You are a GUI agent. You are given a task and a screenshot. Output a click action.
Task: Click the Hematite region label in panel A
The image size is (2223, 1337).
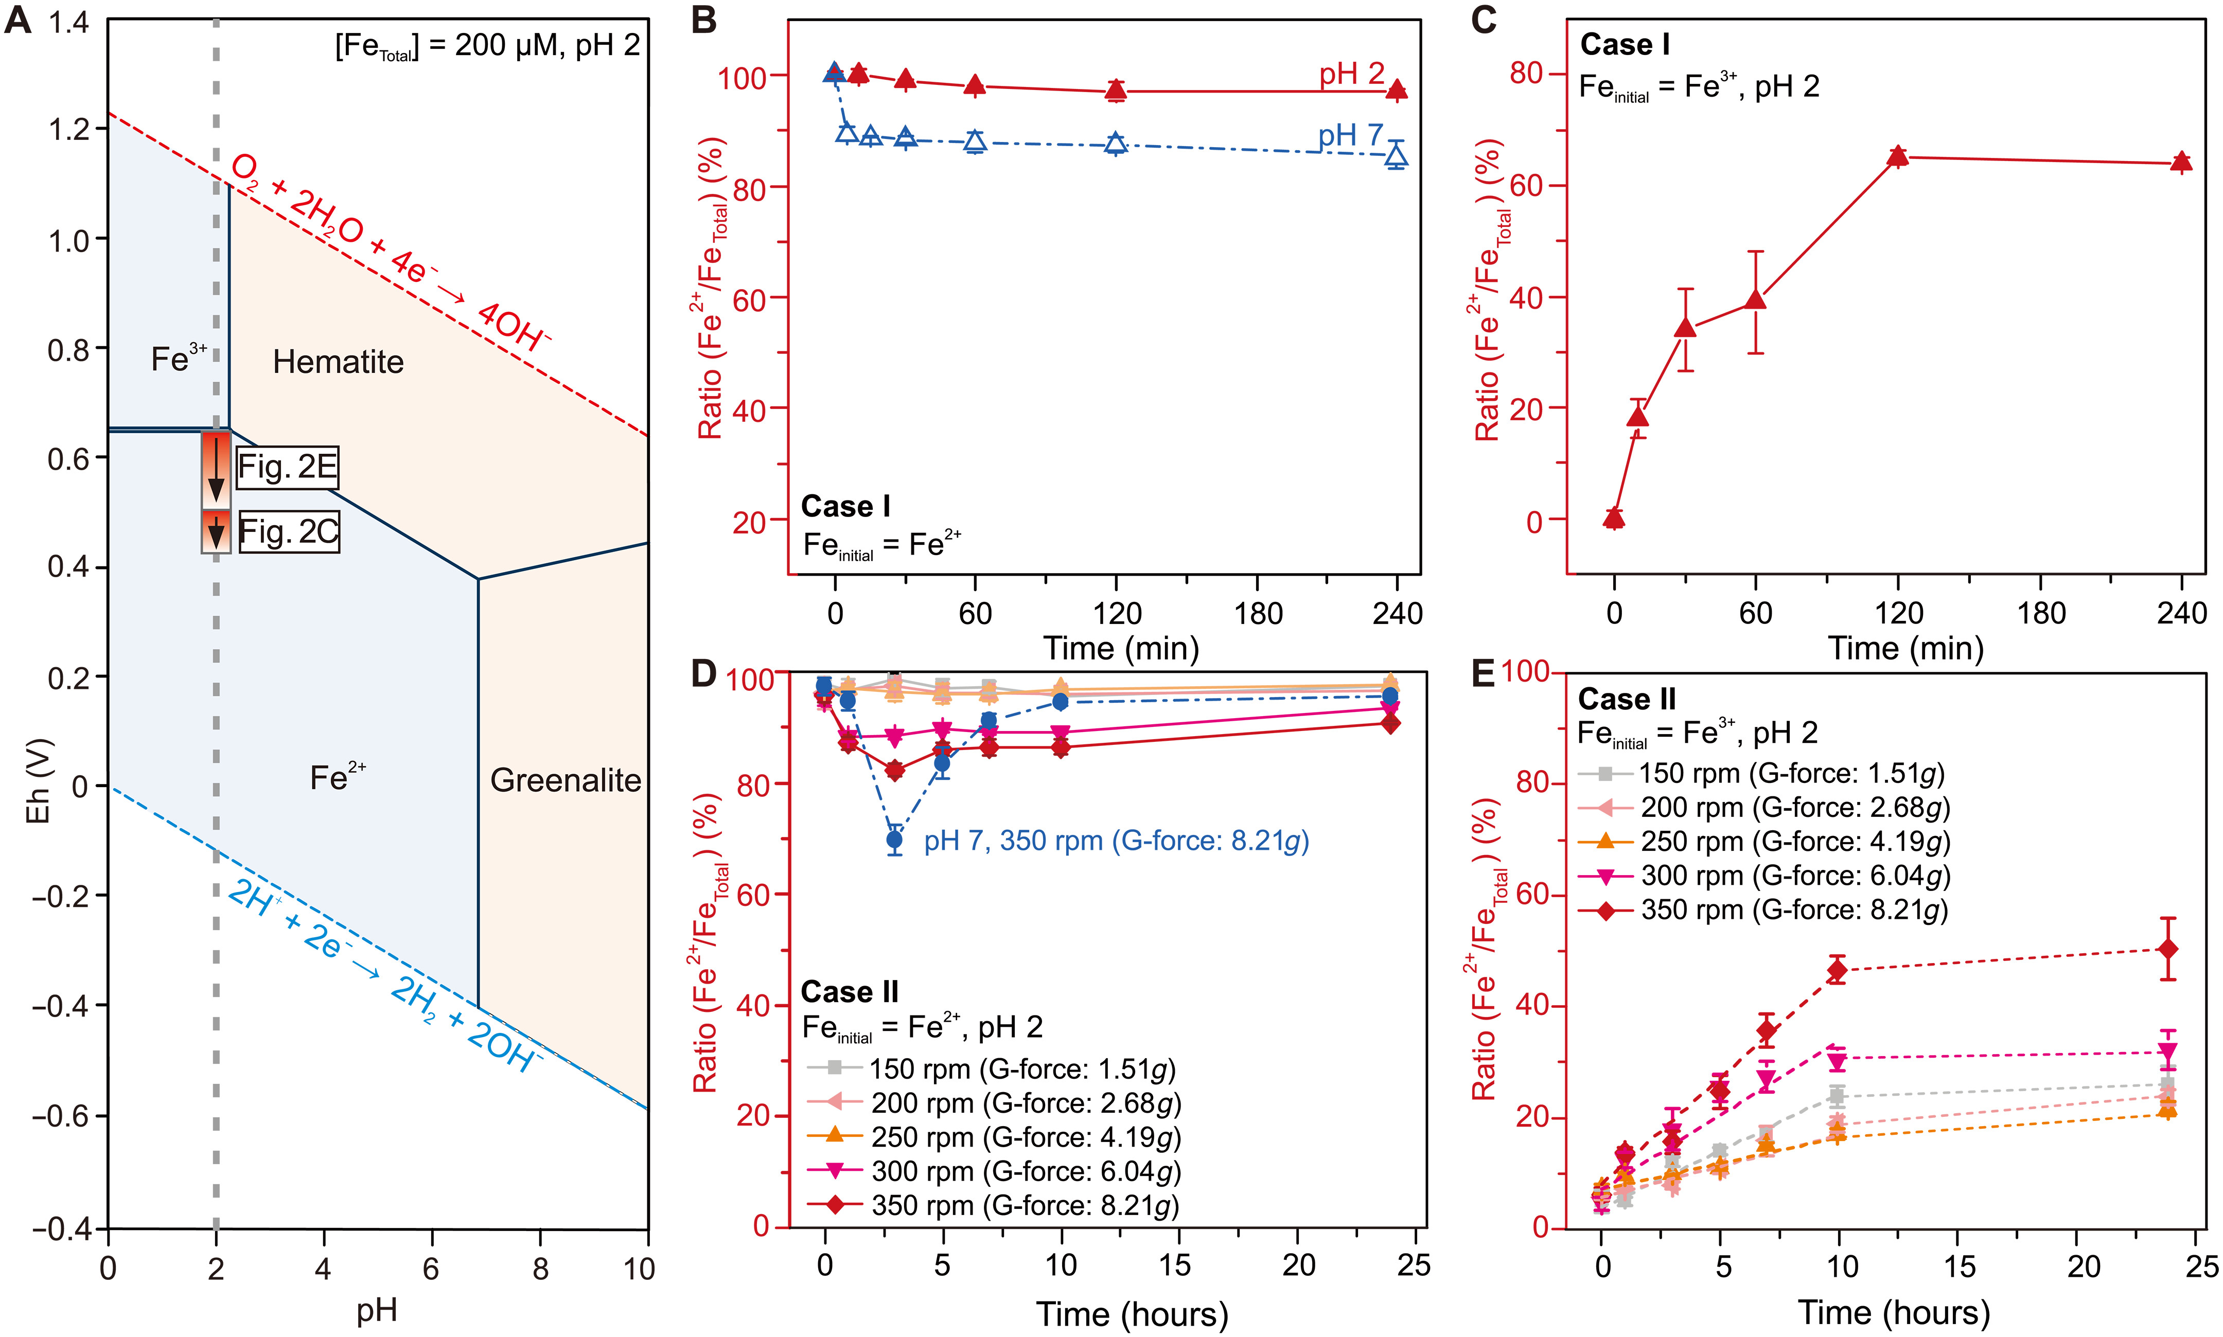coord(338,362)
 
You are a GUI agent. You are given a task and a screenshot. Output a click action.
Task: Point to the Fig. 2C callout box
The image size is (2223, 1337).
coord(288,531)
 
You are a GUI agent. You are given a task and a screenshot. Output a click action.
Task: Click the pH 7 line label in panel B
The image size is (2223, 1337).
coord(1350,136)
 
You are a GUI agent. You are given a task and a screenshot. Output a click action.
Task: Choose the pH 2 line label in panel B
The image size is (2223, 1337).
coord(1352,75)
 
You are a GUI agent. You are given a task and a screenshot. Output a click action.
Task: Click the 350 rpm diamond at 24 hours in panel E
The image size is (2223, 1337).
coord(2168,950)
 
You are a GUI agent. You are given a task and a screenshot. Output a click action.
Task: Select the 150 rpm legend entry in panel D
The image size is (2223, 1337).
coord(991,1068)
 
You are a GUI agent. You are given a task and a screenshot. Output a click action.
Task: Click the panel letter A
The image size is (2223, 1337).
coord(18,21)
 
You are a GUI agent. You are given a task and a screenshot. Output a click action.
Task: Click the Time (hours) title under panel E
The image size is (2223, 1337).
coord(1894,1313)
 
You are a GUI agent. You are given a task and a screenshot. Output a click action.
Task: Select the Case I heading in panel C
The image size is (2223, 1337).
coord(1625,44)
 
